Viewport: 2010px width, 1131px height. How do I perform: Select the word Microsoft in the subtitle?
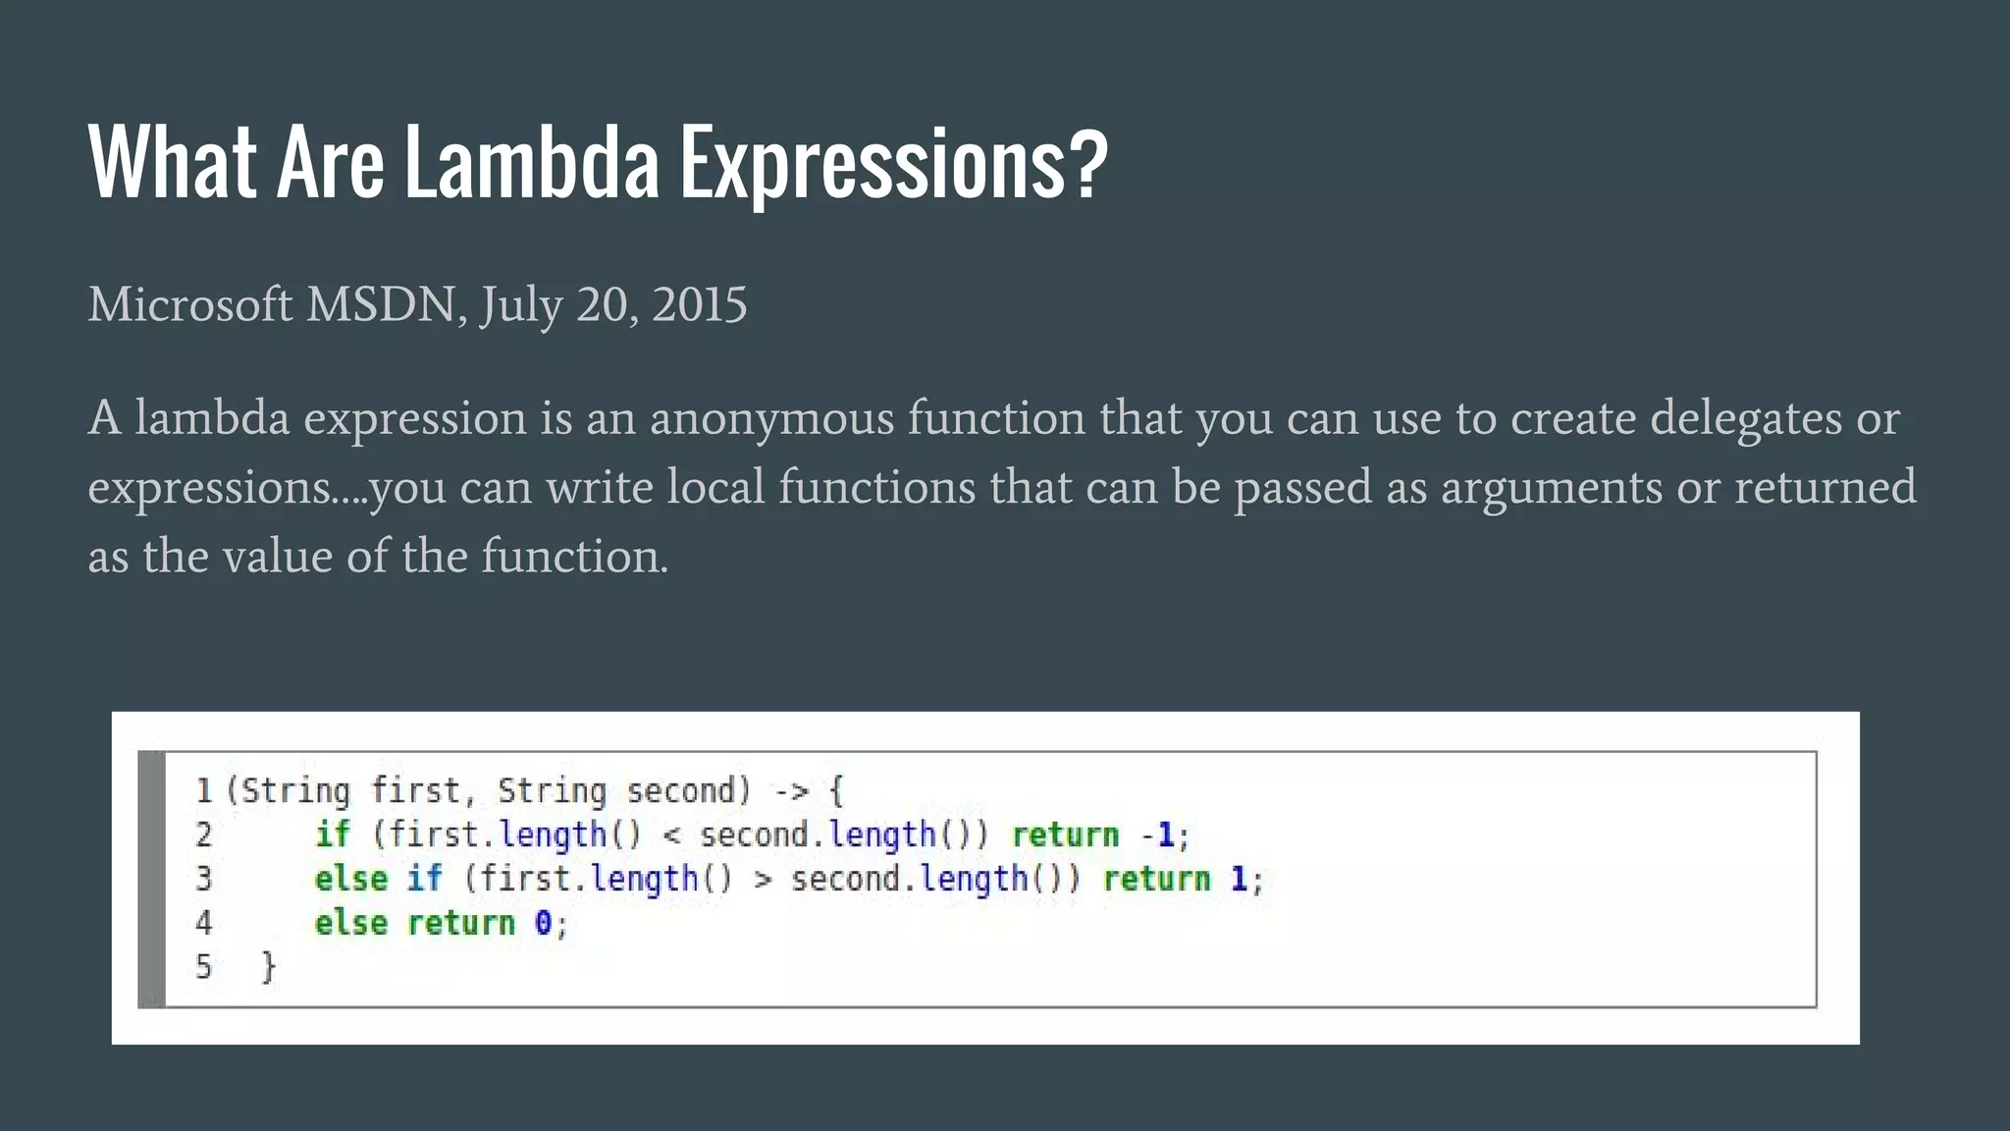click(189, 304)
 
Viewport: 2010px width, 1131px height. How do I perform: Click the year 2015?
click(699, 304)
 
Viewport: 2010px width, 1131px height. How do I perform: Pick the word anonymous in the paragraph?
click(771, 419)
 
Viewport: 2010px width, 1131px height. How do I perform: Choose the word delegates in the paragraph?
click(1745, 419)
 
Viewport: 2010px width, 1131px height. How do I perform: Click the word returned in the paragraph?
click(1825, 488)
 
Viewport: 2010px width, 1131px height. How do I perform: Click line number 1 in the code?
click(203, 790)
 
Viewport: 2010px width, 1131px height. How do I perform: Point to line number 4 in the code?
click(203, 923)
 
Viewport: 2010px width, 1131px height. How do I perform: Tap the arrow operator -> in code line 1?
click(790, 791)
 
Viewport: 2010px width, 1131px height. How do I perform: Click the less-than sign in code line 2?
click(671, 835)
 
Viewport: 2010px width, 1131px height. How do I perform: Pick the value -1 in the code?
click(1157, 835)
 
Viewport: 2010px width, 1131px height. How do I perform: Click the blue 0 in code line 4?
click(543, 923)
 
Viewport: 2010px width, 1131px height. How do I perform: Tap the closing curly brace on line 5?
click(268, 967)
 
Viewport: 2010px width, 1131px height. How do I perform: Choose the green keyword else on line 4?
click(350, 923)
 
